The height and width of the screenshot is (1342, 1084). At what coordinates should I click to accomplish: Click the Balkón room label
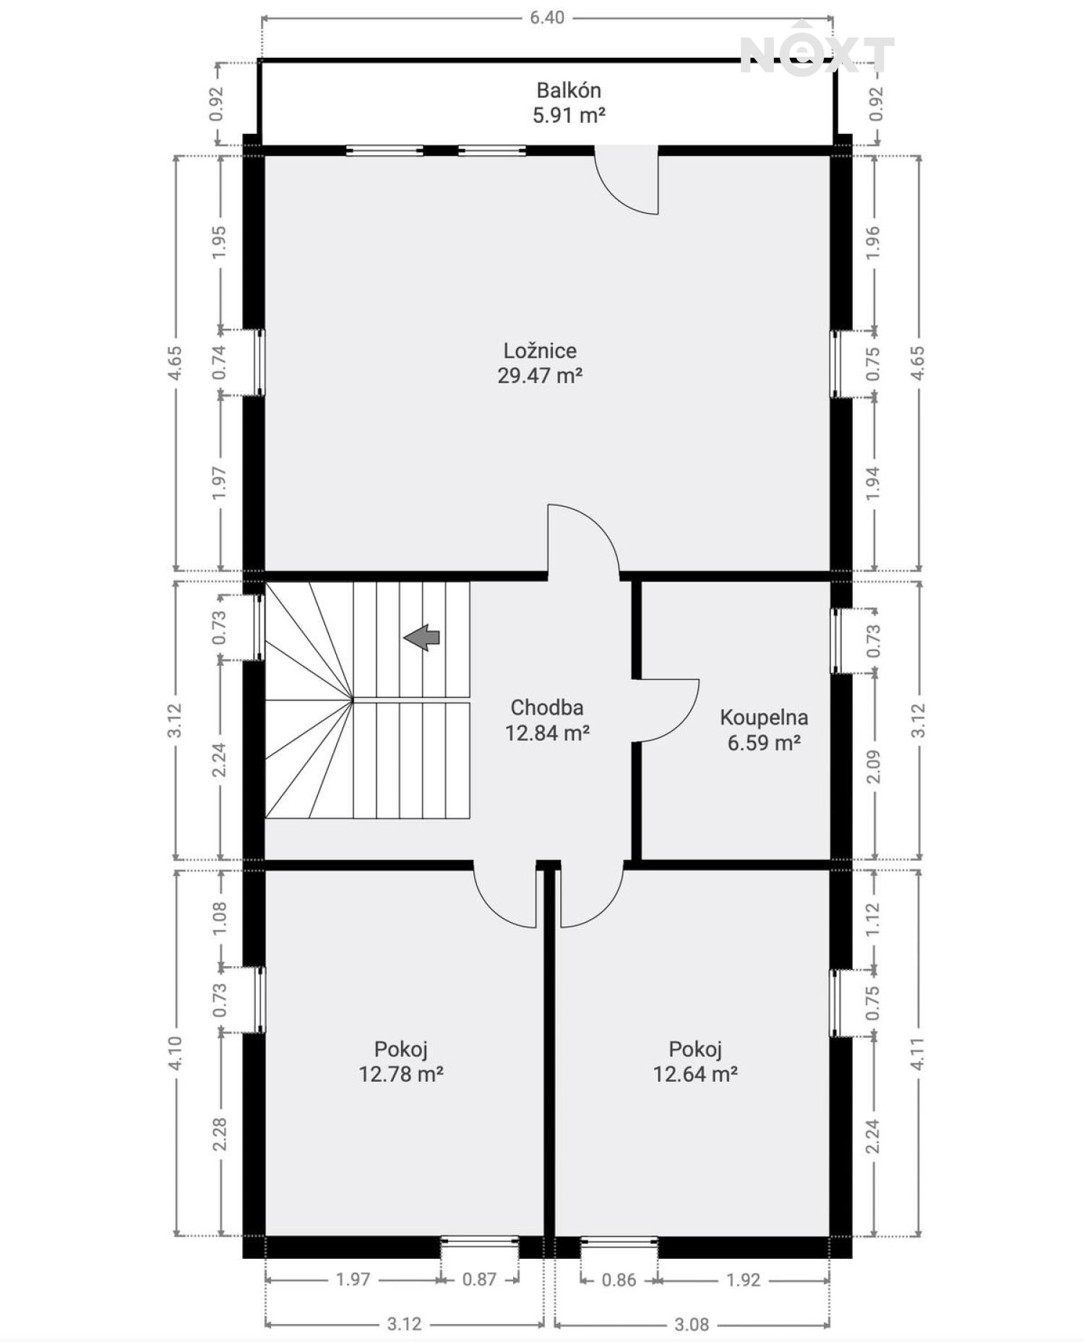pyautogui.click(x=568, y=90)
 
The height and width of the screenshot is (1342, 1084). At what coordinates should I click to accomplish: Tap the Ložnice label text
pyautogui.click(x=540, y=350)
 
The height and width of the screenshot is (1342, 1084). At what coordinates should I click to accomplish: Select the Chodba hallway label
pyautogui.click(x=546, y=707)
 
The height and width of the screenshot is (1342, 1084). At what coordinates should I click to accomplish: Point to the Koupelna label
pyautogui.click(x=764, y=718)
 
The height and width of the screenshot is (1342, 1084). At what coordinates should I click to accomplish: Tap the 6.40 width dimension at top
pyautogui.click(x=547, y=17)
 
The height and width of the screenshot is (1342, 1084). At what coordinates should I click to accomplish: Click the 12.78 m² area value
pyautogui.click(x=401, y=1074)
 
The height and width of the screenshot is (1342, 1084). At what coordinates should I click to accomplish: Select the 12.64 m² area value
pyautogui.click(x=695, y=1074)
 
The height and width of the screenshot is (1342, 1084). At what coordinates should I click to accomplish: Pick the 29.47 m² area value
pyautogui.click(x=540, y=376)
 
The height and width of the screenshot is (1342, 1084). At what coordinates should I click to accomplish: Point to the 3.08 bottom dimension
pyautogui.click(x=692, y=1325)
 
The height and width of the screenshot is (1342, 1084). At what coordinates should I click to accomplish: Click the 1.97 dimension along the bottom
pyautogui.click(x=353, y=1280)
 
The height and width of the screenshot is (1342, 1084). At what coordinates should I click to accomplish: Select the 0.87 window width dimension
pyautogui.click(x=479, y=1280)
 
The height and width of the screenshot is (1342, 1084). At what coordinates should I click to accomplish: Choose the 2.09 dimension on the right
pyautogui.click(x=874, y=767)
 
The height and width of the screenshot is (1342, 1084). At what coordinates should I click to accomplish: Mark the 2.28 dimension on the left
pyautogui.click(x=220, y=1135)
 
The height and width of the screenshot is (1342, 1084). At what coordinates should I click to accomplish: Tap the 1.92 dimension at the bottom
pyautogui.click(x=743, y=1280)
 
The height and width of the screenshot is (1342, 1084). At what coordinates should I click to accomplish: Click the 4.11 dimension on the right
pyautogui.click(x=918, y=1054)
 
